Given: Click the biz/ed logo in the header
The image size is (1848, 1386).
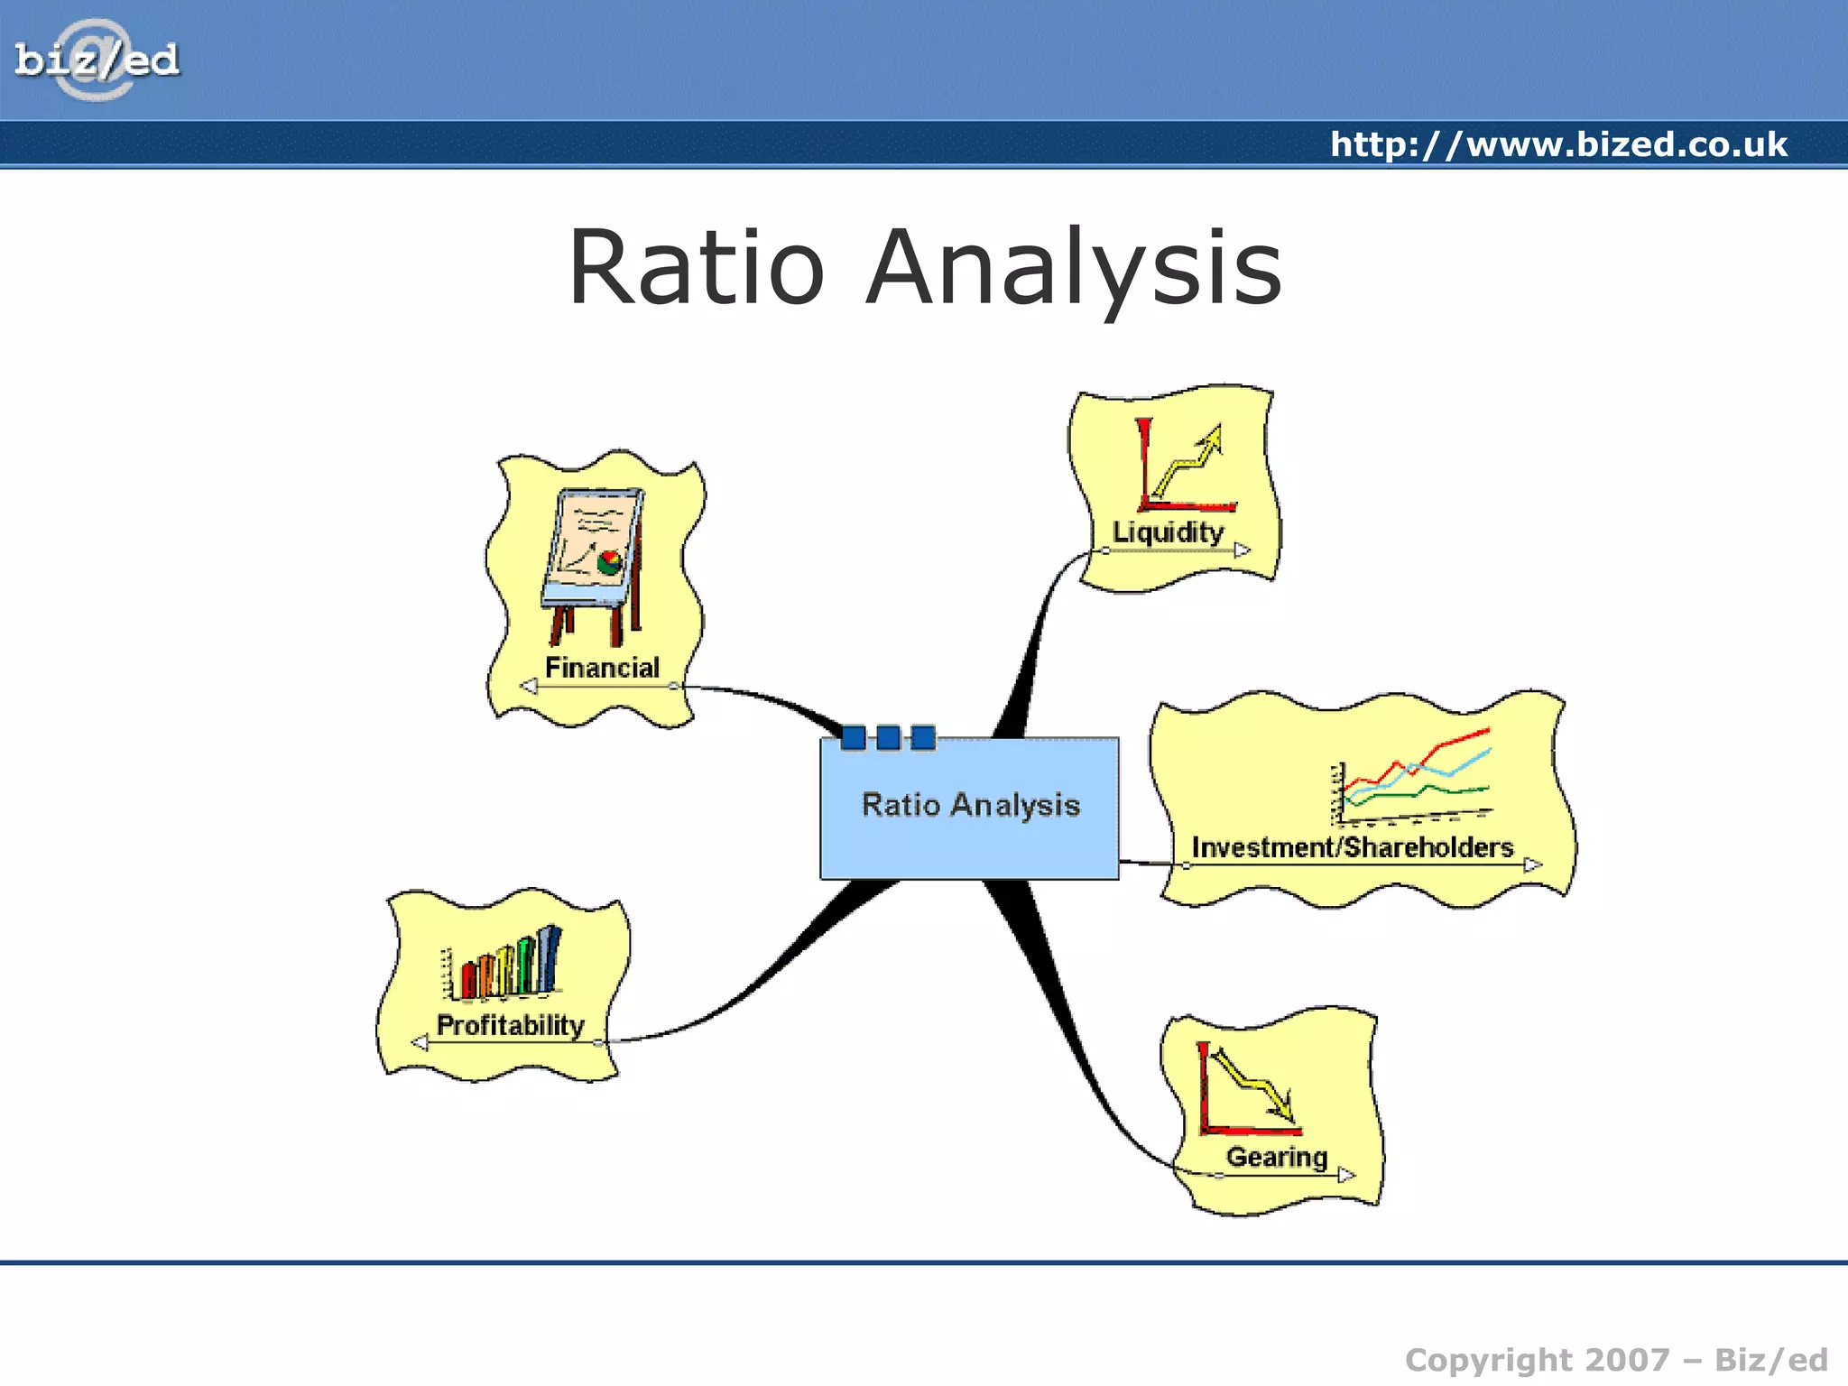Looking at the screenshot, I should [97, 60].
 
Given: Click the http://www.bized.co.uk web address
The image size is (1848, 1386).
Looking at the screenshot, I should [1558, 144].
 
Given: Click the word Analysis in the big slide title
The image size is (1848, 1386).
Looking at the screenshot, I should [1074, 268].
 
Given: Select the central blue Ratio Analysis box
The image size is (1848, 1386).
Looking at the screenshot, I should [969, 808].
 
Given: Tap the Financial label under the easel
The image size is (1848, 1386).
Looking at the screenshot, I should [602, 668].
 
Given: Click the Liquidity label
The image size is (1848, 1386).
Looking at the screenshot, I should [1168, 532].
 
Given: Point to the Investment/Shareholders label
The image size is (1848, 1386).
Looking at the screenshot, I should [1352, 847].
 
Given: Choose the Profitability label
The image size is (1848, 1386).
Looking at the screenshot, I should [510, 1025].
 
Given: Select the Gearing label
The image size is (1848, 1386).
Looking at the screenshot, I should [1276, 1157].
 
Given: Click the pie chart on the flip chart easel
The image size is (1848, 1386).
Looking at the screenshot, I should [610, 561].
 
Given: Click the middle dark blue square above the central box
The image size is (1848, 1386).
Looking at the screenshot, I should [888, 738].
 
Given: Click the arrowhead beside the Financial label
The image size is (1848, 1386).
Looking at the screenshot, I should [530, 687].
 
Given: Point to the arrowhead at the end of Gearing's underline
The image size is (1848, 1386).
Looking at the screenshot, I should [1346, 1175].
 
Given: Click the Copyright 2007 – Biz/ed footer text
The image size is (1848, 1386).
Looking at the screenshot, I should [1615, 1360].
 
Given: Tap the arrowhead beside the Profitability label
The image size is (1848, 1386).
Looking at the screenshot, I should [420, 1043].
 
